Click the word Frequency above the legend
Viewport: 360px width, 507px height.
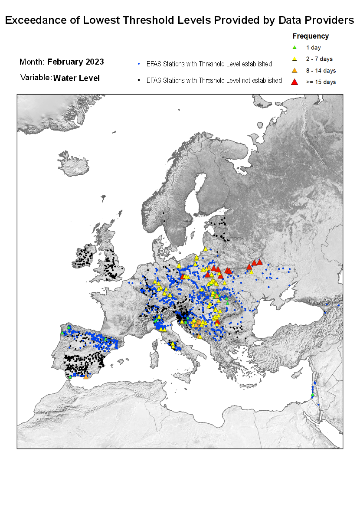[311, 36]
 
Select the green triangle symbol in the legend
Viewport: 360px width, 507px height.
[295, 48]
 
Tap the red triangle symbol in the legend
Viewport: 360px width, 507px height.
[295, 82]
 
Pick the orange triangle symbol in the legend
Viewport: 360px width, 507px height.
[295, 70]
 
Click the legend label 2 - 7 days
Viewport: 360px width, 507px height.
[319, 59]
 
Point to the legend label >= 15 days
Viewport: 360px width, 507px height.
[321, 82]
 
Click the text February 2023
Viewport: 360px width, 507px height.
[75, 62]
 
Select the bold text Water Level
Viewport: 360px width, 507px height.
[76, 79]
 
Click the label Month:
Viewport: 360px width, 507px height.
[32, 62]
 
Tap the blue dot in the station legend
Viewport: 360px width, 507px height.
[138, 64]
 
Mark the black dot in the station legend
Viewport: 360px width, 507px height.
[138, 81]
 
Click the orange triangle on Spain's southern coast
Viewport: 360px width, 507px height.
[86, 376]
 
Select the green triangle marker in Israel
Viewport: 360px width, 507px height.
[312, 394]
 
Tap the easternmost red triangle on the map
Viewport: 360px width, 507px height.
[260, 262]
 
